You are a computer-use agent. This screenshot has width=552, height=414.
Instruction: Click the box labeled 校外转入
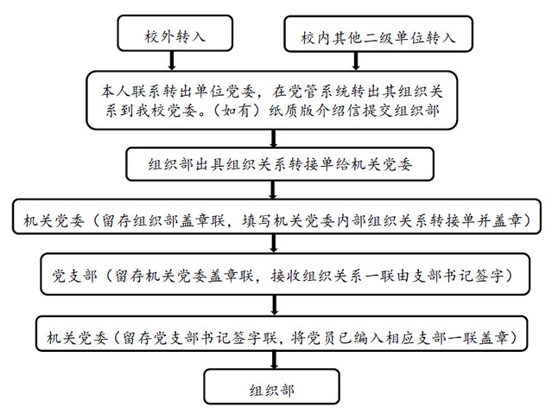(x=175, y=33)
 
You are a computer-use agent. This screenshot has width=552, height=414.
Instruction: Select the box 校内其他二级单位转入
(x=378, y=34)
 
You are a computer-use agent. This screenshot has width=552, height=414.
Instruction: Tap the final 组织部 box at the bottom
(x=272, y=386)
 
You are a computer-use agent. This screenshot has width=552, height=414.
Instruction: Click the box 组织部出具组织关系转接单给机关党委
(x=280, y=164)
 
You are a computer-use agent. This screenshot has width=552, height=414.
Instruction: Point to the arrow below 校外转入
(x=172, y=61)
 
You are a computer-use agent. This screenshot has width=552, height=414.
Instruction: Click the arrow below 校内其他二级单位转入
(x=356, y=61)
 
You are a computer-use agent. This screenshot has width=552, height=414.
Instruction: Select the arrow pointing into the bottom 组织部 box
(x=274, y=360)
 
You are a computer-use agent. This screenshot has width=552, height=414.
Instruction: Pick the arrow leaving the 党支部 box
(x=275, y=305)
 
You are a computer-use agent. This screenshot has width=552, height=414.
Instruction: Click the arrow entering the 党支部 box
(x=274, y=244)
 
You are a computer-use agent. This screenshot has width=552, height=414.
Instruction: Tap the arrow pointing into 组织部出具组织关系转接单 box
(x=274, y=138)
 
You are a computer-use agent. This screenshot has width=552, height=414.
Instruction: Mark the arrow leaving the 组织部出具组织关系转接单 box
(x=272, y=190)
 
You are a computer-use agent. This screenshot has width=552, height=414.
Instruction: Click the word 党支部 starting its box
(x=75, y=276)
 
